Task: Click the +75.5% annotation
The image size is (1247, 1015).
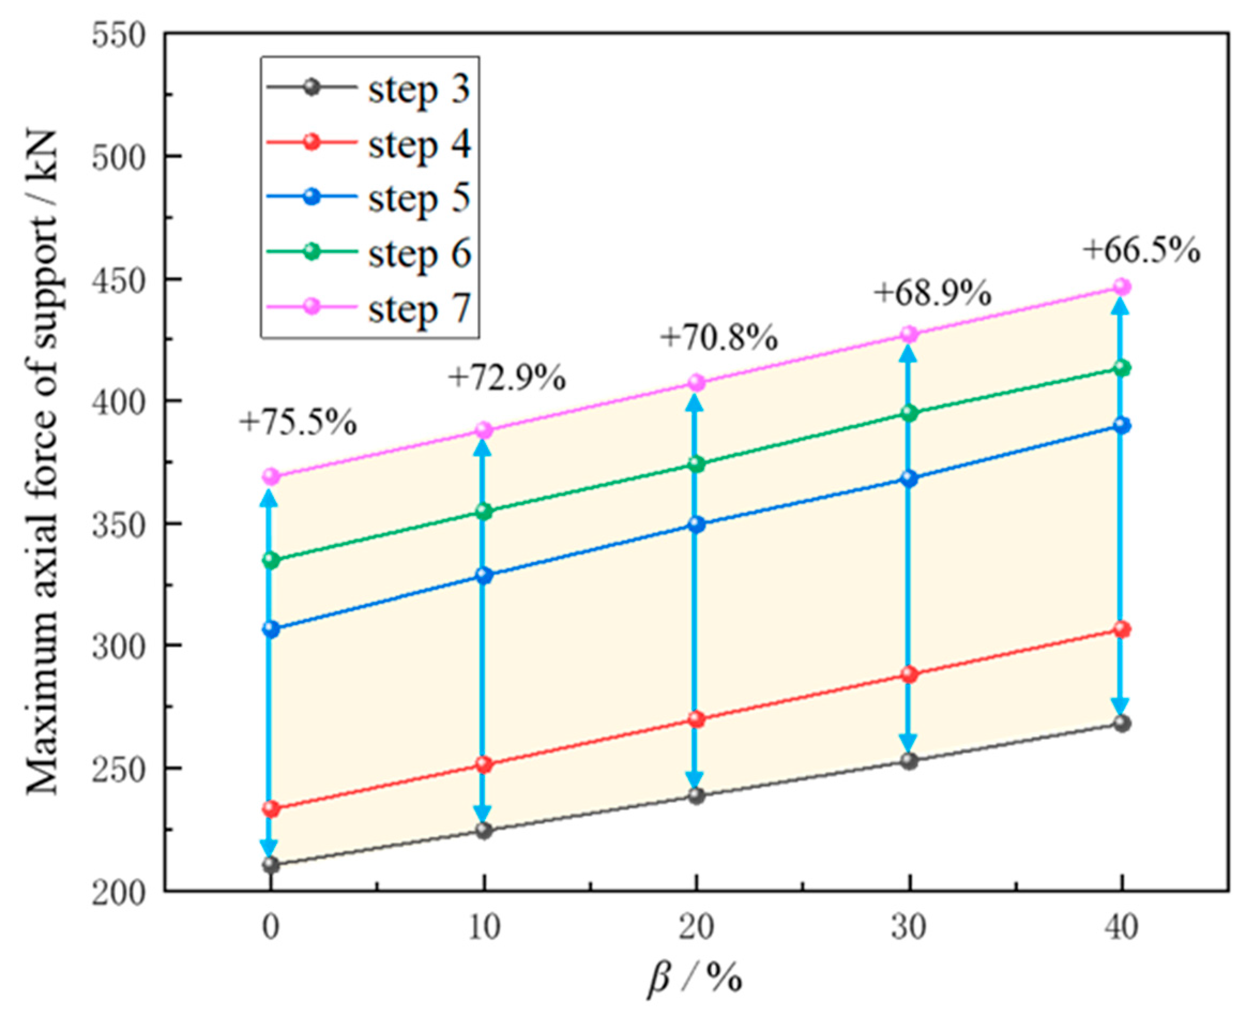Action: (x=298, y=423)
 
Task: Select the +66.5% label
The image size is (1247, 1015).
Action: (x=1142, y=251)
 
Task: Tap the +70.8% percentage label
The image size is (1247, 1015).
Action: (x=719, y=338)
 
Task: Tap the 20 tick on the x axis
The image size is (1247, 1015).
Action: (x=696, y=927)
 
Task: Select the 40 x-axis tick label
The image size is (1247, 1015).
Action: (x=1121, y=927)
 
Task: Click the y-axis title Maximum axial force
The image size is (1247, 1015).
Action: (x=42, y=462)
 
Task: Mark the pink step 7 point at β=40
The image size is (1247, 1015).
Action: (x=1121, y=287)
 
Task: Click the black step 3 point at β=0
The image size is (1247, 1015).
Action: (x=271, y=864)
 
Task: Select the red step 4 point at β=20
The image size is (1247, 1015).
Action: (x=696, y=719)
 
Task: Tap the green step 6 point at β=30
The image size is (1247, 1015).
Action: (x=909, y=414)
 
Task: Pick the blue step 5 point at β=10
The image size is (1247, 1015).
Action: (x=483, y=576)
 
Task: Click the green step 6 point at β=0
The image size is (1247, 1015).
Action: (x=271, y=560)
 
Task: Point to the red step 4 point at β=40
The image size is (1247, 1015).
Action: (x=1121, y=630)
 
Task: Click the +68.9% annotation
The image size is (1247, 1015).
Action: (x=932, y=293)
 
